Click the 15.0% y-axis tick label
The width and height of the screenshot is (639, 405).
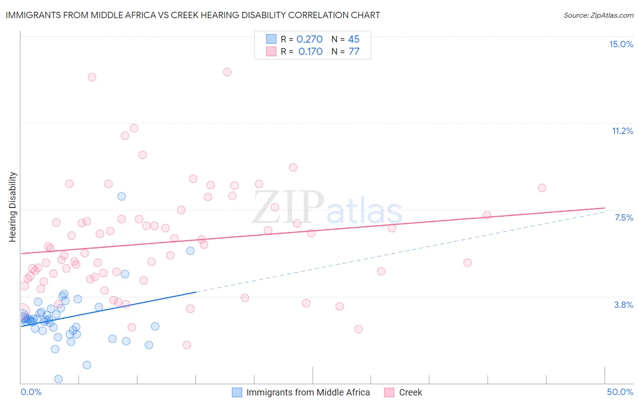click(621, 44)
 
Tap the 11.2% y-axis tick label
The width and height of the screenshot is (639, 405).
click(622, 131)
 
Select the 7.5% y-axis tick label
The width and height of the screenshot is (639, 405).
click(624, 217)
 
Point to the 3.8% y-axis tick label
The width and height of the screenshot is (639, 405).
click(624, 305)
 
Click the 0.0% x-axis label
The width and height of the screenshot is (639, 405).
click(31, 392)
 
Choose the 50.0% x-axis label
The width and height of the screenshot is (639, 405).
click(620, 392)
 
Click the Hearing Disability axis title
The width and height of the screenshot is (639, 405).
click(13, 207)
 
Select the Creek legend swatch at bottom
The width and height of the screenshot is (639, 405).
click(389, 392)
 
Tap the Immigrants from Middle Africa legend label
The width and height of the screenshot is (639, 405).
click(308, 392)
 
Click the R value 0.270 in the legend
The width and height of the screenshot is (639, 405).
click(309, 40)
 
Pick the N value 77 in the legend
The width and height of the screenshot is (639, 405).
click(354, 52)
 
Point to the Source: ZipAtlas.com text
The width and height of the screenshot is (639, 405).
click(598, 15)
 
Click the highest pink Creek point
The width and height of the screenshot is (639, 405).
click(227, 72)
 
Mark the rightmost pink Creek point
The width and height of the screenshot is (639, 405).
click(542, 188)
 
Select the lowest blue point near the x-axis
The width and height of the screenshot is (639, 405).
click(58, 379)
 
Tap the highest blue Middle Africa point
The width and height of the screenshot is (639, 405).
click(121, 197)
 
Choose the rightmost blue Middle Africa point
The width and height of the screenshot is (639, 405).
click(190, 251)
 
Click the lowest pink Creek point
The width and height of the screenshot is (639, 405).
click(187, 345)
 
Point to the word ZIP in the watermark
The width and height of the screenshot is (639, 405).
click(288, 207)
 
